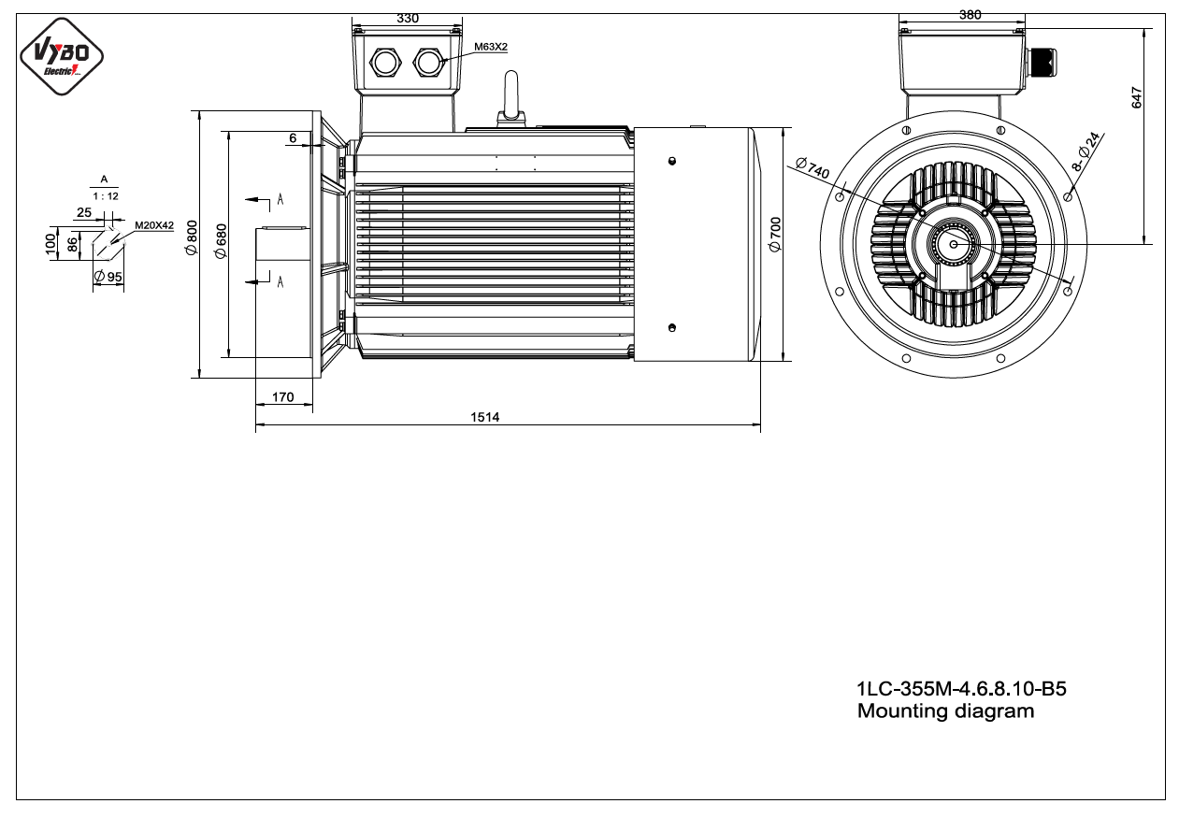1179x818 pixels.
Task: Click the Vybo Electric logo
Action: point(62,56)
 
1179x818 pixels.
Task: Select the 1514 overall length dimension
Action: point(484,417)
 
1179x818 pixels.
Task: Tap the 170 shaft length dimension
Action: point(282,397)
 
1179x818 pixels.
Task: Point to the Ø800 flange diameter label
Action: point(192,238)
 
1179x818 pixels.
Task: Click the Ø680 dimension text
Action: point(221,241)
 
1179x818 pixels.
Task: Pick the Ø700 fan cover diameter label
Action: point(775,235)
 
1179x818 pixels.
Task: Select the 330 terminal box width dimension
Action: point(408,19)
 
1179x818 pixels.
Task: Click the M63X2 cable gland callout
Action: point(491,47)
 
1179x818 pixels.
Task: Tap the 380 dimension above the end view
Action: point(971,15)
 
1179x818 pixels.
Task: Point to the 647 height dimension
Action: point(1136,98)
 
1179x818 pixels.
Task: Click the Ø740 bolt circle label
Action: point(812,168)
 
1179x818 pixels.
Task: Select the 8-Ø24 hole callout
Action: point(1086,151)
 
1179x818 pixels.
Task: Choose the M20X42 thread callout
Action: point(154,225)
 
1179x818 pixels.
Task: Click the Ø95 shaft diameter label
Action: point(108,277)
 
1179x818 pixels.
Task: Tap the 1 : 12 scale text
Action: point(106,196)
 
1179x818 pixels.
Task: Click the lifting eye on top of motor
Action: point(511,99)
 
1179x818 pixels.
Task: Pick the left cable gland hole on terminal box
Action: point(385,63)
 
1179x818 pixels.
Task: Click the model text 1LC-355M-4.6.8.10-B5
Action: point(961,688)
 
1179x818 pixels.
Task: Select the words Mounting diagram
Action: point(945,711)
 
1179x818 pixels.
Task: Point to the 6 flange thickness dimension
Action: point(294,138)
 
